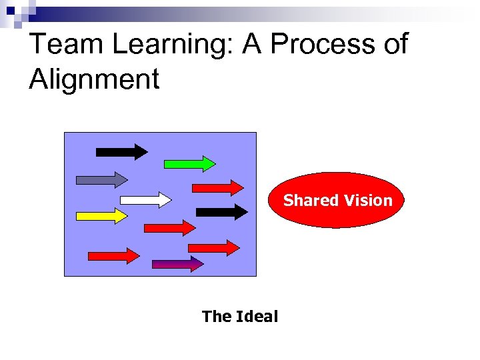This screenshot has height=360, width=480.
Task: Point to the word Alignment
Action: (94, 80)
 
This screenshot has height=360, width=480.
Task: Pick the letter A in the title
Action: (253, 45)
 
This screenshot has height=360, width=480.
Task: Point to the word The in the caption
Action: (217, 316)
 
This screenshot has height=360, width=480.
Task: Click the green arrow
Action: (189, 163)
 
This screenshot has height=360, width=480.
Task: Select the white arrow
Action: (145, 199)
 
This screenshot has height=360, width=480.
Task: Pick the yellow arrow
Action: (101, 216)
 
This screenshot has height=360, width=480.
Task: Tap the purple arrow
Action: (177, 264)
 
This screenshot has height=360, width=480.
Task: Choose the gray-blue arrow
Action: (101, 179)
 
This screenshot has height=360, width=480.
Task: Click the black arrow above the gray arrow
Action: (121, 151)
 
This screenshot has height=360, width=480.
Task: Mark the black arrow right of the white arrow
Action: (221, 212)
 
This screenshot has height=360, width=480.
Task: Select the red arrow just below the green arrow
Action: (217, 187)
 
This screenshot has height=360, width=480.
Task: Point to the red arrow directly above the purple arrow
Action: (213, 247)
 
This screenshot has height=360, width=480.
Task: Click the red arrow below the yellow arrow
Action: (114, 255)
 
